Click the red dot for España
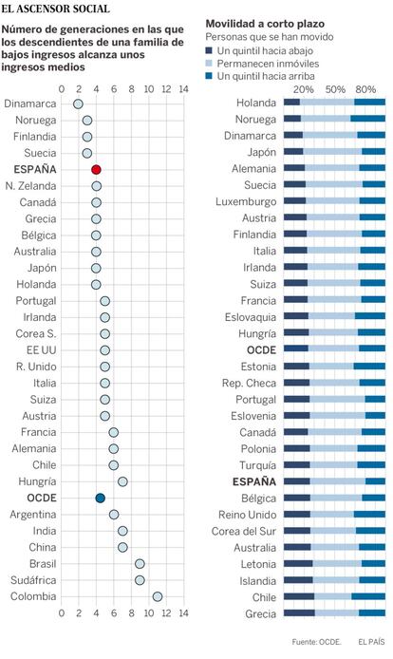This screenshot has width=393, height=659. [x=96, y=170]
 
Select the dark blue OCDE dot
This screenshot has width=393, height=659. [x=100, y=498]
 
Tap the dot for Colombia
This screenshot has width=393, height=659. [x=158, y=596]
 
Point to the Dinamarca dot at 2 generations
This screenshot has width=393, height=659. [x=78, y=104]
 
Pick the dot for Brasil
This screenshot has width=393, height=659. [x=140, y=564]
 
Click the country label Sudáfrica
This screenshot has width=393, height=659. [x=33, y=580]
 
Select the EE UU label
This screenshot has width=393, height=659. [x=41, y=350]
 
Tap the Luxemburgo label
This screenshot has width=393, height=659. [x=246, y=201]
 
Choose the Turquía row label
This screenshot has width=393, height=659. [x=257, y=465]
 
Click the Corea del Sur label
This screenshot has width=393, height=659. [x=244, y=531]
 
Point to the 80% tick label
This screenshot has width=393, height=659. [x=365, y=89]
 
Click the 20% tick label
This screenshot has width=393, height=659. [x=304, y=89]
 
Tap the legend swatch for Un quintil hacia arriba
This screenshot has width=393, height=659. [x=209, y=76]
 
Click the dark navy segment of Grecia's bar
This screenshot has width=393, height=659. [x=299, y=613]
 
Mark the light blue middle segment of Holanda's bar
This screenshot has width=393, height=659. [x=327, y=103]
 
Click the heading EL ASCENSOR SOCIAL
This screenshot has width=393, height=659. [x=55, y=9]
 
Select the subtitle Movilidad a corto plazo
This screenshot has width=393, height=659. [x=265, y=24]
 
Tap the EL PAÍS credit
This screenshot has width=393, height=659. [x=371, y=642]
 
